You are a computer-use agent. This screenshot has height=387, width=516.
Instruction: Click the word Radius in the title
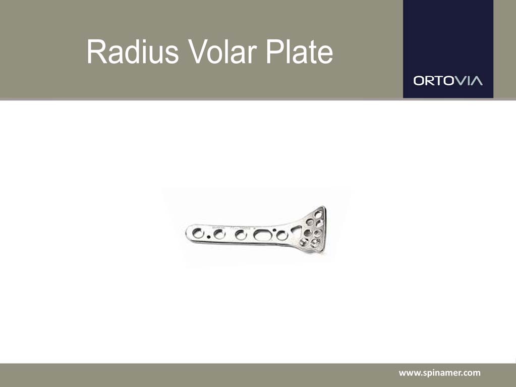133,52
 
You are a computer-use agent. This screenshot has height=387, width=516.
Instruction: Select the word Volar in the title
222,52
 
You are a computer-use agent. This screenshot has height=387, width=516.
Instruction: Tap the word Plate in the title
299,52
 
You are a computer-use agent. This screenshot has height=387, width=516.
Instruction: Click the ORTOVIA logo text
448,81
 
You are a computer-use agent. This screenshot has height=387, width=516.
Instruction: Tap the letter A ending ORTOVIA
477,81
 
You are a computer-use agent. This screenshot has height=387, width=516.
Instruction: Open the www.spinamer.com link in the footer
439,373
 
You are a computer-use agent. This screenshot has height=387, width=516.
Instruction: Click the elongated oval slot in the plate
263,235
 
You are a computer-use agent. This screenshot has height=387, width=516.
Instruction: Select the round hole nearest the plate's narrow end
198,233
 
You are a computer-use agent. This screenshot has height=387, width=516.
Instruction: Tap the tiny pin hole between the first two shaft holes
208,236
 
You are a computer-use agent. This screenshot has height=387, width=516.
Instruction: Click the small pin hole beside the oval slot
274,230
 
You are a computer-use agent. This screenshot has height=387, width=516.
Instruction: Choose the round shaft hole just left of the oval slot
241,235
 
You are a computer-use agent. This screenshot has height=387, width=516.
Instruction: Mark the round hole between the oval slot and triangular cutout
281,235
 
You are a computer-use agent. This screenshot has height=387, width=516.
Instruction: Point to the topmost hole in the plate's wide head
318,214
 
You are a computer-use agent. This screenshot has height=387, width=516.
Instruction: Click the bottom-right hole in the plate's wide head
315,243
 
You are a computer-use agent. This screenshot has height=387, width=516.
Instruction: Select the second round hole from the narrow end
219,234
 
